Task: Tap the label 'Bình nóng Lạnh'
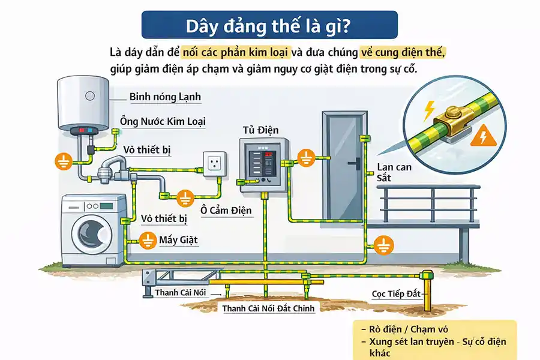pos(165,97)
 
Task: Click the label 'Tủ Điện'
pos(260,130)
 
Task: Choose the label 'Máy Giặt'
pos(178,241)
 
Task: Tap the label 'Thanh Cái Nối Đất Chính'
pos(268,308)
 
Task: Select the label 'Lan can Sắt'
pos(394,172)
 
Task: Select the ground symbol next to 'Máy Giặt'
pos(146,240)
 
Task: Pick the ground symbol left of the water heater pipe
pos(64,160)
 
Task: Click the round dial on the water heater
pos(90,96)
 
